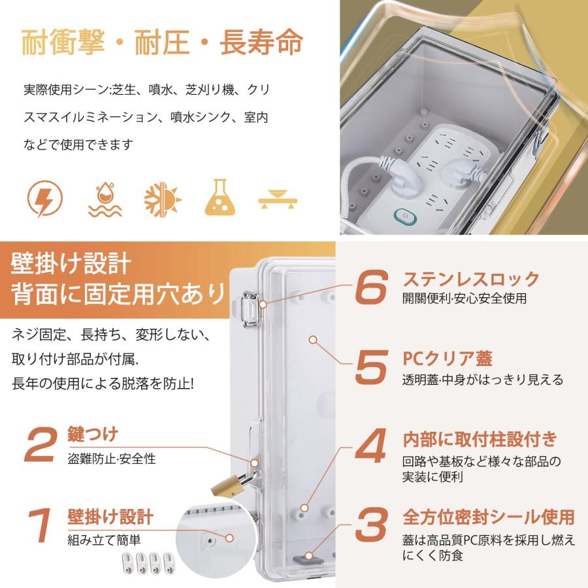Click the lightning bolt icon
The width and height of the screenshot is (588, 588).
45,199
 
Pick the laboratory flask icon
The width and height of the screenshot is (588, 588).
220,197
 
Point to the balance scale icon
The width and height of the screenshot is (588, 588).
278,199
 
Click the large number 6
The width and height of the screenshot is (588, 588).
370,287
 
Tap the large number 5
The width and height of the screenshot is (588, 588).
371,367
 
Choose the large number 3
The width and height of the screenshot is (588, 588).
371,525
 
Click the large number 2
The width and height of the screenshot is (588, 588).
41,445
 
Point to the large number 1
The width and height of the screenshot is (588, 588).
40,525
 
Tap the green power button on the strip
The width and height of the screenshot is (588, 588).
404,217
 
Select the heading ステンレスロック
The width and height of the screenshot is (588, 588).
471,279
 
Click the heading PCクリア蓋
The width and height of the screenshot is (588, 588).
448,359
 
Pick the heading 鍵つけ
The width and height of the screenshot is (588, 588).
93,434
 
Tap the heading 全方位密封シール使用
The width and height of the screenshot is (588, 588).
489,517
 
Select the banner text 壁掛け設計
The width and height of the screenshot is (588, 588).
71,264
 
